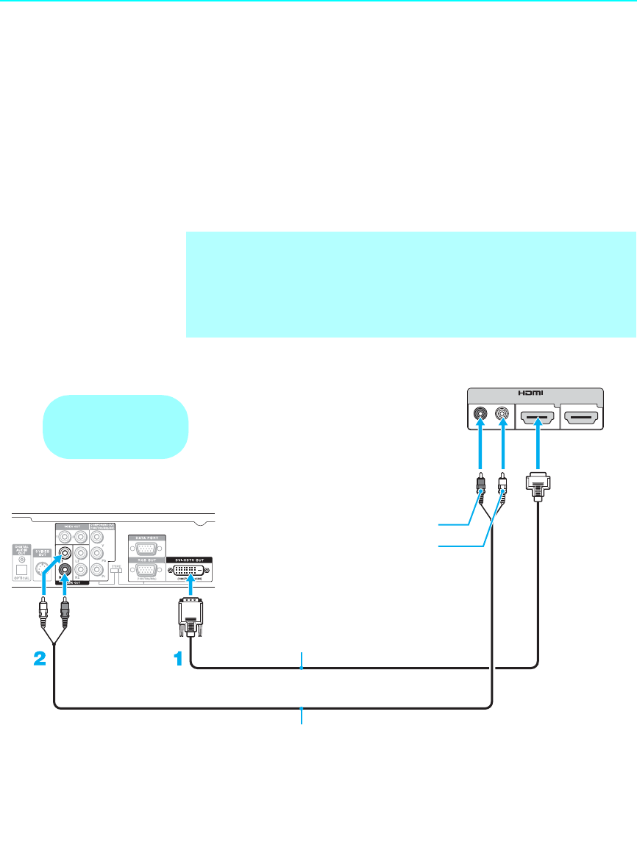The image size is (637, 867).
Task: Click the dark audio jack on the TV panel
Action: [480, 415]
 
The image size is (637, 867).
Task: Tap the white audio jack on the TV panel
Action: [502, 415]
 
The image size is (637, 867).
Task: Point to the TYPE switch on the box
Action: [115, 569]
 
